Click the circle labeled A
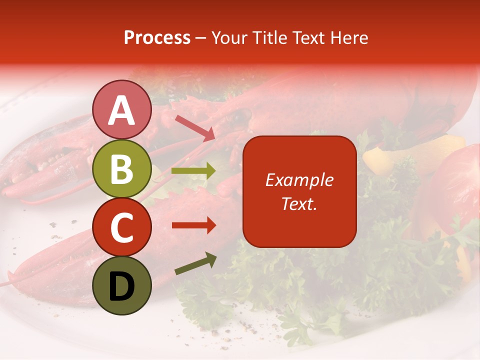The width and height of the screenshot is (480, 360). click(x=122, y=109)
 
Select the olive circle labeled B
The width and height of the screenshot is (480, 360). click(x=122, y=168)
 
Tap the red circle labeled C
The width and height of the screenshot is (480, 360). click(x=122, y=227)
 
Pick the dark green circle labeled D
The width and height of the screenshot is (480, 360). click(x=122, y=285)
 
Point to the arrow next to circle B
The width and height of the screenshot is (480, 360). click(x=193, y=171)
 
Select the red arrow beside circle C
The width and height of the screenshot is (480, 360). click(x=193, y=225)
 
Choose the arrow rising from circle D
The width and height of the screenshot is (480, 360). click(x=195, y=263)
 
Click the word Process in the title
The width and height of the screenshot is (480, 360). click(x=157, y=38)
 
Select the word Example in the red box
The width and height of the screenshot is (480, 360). click(x=299, y=180)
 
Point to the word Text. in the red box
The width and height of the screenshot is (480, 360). click(x=299, y=203)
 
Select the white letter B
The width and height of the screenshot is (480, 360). click(x=122, y=168)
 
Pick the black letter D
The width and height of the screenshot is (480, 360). click(x=122, y=286)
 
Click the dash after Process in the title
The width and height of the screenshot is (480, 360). click(x=201, y=38)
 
